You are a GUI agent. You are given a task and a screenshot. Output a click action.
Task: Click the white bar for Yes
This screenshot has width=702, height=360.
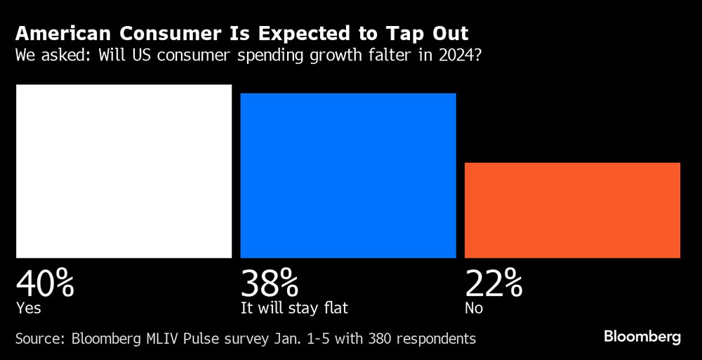(x=124, y=171)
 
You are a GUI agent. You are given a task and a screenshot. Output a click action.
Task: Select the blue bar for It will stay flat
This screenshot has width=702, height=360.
(x=348, y=175)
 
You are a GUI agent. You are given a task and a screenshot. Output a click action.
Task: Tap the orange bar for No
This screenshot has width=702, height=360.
(x=573, y=210)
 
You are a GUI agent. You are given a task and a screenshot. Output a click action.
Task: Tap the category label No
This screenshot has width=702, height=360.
(x=474, y=307)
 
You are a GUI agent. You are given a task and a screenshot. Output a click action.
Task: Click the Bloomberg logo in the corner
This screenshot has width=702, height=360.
(x=642, y=338)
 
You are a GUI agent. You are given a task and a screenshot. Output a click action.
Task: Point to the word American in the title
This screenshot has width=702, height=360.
(x=51, y=34)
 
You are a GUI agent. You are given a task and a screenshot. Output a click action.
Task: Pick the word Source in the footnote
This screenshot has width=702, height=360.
(x=39, y=339)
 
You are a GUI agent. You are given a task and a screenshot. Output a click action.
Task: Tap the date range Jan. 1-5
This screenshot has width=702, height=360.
(x=298, y=339)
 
